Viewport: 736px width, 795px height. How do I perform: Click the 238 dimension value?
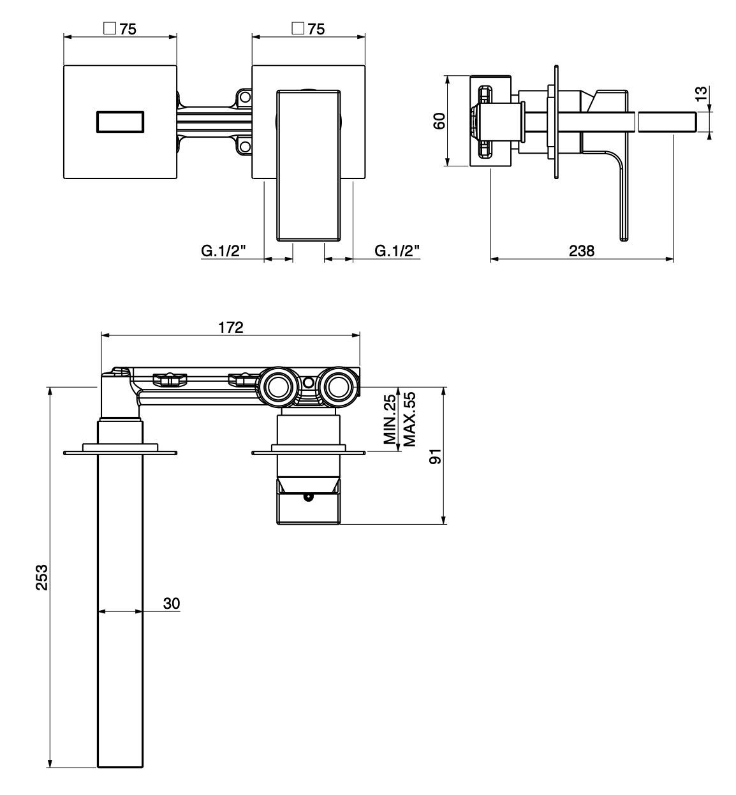(582, 251)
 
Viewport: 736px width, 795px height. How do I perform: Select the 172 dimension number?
(230, 327)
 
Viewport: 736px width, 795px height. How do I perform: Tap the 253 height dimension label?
(41, 577)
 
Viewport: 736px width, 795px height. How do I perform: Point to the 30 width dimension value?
(172, 603)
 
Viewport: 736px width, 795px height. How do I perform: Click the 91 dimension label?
(435, 456)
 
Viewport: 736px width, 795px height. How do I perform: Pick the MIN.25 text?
(390, 419)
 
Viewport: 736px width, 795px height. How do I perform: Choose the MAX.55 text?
(409, 419)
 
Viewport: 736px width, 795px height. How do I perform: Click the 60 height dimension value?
(439, 121)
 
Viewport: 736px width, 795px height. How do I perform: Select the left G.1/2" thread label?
(223, 251)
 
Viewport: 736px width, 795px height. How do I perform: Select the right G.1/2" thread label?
(397, 251)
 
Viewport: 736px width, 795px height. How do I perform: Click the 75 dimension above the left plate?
(128, 29)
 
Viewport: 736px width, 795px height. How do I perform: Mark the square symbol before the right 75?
(298, 29)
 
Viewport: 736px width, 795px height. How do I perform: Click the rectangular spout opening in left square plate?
(120, 122)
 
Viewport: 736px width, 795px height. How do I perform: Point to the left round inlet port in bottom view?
(278, 387)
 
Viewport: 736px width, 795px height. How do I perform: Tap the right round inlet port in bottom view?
(338, 387)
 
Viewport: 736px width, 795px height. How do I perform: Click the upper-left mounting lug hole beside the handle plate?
(245, 98)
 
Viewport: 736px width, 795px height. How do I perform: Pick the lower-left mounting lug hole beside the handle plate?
(245, 146)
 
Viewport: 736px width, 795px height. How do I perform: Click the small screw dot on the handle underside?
(307, 497)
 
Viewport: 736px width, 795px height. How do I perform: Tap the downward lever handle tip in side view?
(623, 239)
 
